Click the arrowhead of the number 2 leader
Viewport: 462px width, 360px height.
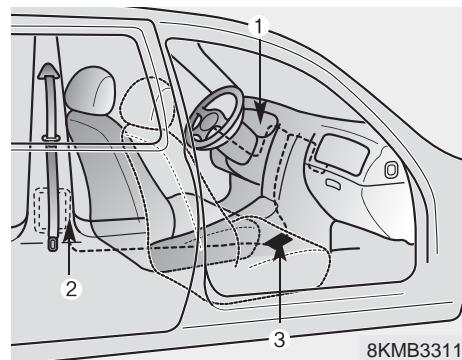tap(69, 236)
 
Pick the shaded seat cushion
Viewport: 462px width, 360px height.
tap(200, 240)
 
